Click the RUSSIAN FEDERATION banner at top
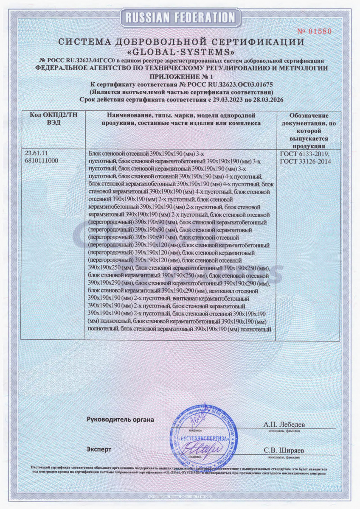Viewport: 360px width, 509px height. [180, 17]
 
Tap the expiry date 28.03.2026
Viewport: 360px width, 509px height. [264, 100]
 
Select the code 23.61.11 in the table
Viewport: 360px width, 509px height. [38, 154]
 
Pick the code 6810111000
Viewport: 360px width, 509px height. [42, 161]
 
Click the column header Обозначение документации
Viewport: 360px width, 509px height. [308, 127]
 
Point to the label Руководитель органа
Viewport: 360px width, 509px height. [120, 420]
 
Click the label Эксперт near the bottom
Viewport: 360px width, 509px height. [99, 449]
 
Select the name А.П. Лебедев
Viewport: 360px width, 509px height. [284, 424]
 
